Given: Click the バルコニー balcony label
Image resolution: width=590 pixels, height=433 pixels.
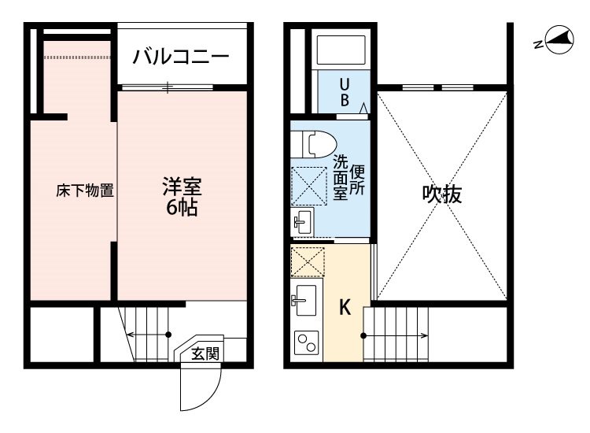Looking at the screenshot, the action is tap(181, 57).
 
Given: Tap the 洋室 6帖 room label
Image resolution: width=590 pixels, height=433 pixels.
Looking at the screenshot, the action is tap(183, 196).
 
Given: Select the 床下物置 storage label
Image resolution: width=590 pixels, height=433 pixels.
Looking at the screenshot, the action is tap(85, 191).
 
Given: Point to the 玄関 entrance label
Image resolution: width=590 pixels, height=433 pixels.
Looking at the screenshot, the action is tap(205, 354).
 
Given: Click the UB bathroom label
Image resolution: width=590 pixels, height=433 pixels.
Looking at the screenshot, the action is tap(345, 93).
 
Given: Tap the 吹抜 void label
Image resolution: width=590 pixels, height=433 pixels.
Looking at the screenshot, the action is tap(442, 194).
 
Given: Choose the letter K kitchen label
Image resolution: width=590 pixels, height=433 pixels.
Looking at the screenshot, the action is tap(345, 307).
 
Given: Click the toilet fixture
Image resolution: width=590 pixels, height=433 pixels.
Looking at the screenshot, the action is tap(314, 144).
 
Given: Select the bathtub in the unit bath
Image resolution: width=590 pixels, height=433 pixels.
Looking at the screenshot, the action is tap(341, 50).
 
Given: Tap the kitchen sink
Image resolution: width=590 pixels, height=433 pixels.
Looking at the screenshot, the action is tap(304, 300).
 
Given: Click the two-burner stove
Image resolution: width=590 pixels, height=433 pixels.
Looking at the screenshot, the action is tap(306, 342).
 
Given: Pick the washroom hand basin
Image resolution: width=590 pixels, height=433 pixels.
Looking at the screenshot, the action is tap(302, 222).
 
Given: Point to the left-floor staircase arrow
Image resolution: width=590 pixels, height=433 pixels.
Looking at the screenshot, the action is tap(149, 335).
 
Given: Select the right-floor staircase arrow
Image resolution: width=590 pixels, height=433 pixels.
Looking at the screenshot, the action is tap(396, 335).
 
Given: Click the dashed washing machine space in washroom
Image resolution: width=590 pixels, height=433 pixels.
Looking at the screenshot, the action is tap(309, 186).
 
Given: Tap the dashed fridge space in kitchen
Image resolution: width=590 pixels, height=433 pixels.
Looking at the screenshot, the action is tap(308, 262).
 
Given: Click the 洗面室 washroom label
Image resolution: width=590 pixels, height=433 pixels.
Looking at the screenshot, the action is tap(340, 177).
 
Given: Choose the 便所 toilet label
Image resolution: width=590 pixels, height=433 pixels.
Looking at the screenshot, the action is tap(357, 180).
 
